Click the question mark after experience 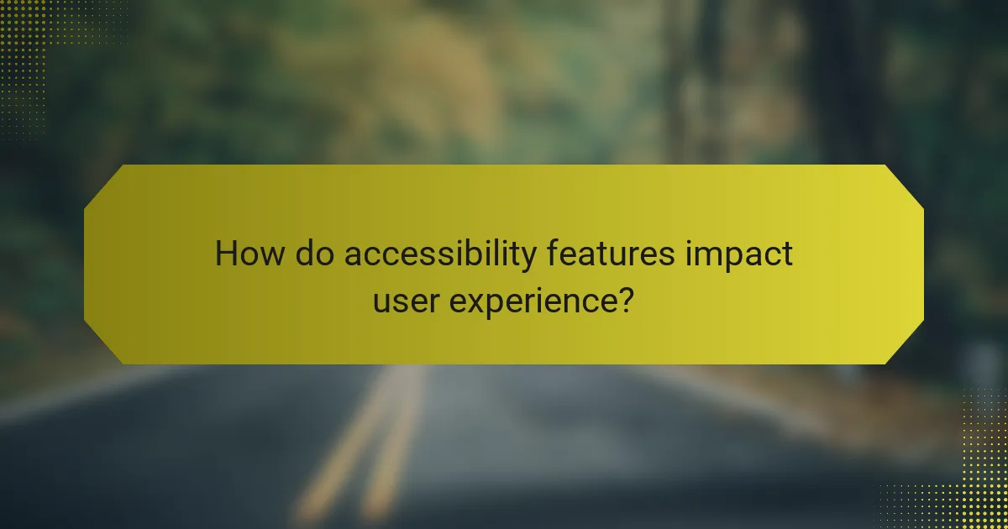[624, 299]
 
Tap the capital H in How [225, 254]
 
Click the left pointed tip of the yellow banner [86, 264]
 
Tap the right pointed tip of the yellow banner [922, 264]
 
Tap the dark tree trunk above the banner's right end [840, 84]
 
